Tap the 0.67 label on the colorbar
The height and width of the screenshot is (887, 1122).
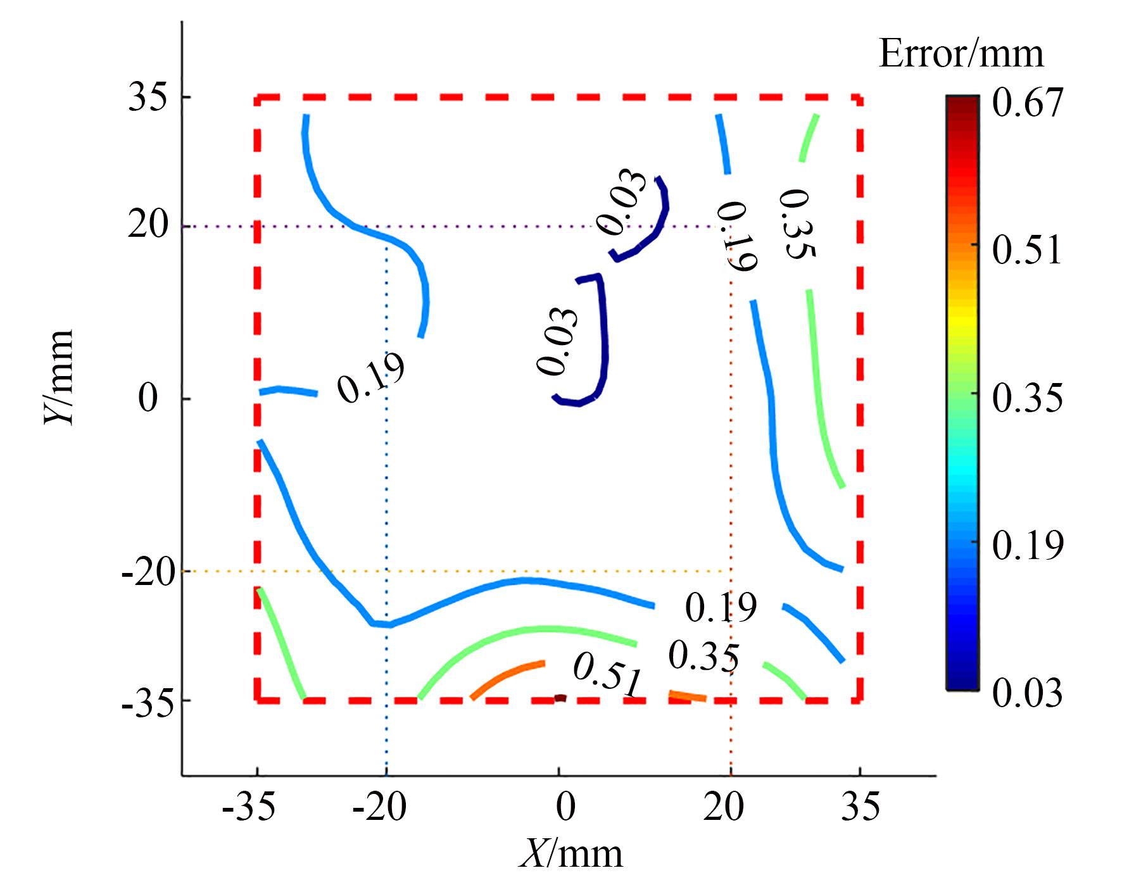[x=1026, y=103]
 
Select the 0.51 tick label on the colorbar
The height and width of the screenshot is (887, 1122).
[x=1026, y=251]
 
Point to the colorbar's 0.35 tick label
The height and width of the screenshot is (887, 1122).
[x=1026, y=399]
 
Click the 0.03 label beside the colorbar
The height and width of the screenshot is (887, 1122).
[x=1026, y=694]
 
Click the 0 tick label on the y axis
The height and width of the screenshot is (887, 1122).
[x=148, y=399]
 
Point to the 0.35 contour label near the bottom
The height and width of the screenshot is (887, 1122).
[x=703, y=657]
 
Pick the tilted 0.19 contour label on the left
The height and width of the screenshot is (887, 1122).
[x=370, y=378]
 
